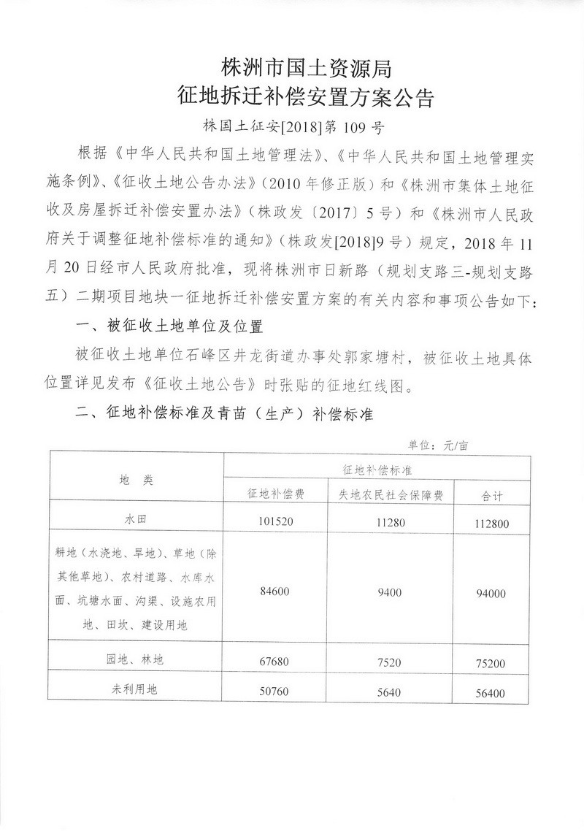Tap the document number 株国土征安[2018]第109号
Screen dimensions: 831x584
293,126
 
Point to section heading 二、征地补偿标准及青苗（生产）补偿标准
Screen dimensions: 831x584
225,415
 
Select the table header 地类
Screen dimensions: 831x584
137,480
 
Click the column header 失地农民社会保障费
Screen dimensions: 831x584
391,494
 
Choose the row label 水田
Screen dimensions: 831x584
137,521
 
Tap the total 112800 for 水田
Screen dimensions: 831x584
488,522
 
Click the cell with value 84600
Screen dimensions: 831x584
276,593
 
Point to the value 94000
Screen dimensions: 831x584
488,594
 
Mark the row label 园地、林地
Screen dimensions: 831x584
137,659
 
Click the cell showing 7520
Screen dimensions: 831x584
391,661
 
